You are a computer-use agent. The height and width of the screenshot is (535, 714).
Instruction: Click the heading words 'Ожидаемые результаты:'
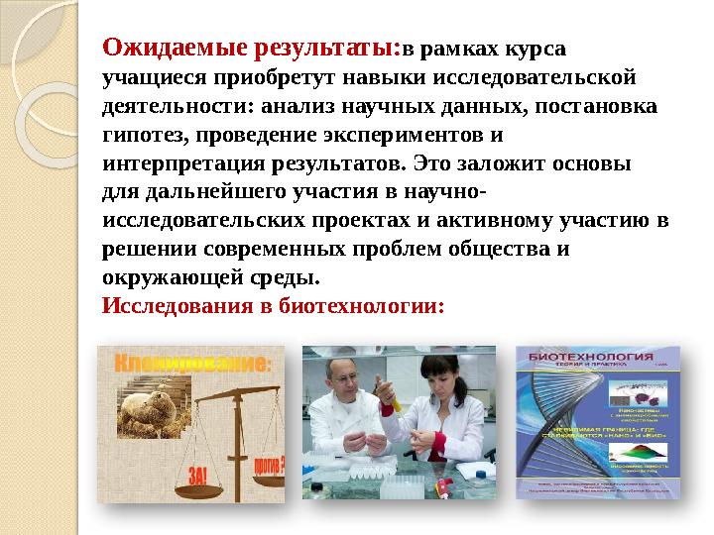pyautogui.click(x=252, y=46)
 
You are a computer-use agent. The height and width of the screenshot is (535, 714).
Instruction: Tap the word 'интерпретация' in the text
pyautogui.click(x=173, y=161)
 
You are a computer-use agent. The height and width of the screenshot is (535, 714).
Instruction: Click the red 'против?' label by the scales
pyautogui.click(x=267, y=463)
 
